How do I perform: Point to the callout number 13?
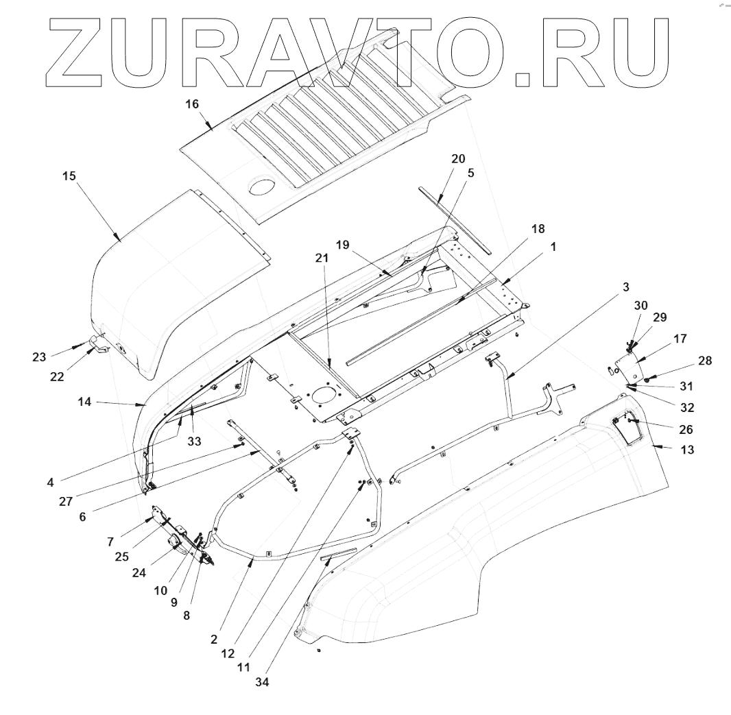[x=686, y=450]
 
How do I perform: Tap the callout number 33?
[x=194, y=442]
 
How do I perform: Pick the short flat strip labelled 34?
[x=338, y=554]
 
